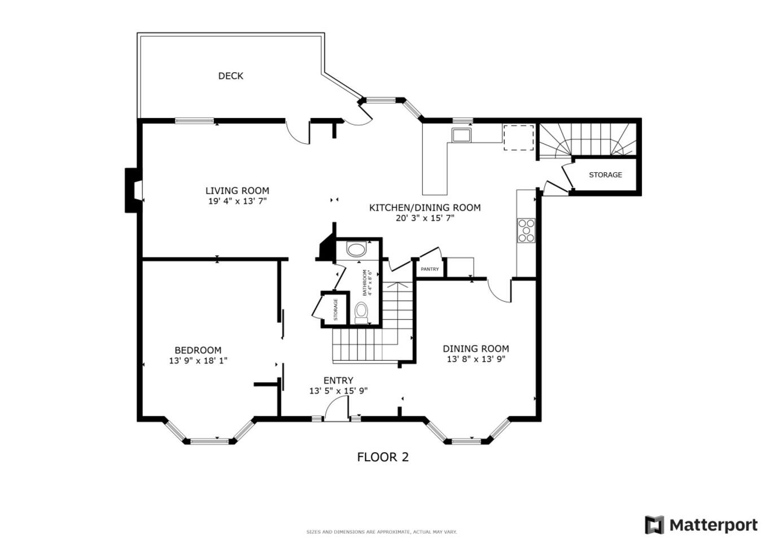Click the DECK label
(230, 76)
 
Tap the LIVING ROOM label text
(237, 190)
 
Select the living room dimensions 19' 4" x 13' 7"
(237, 201)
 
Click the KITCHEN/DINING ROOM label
(424, 208)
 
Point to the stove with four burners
(526, 230)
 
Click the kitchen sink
(461, 135)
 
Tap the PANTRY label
(430, 269)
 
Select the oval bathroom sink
(356, 249)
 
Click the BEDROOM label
(198, 350)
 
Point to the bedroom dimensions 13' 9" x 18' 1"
(198, 360)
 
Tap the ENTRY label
(338, 381)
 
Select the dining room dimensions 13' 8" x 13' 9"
(476, 359)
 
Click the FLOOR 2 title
(383, 457)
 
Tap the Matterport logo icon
(654, 525)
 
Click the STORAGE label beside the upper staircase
(605, 175)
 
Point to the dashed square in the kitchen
(518, 137)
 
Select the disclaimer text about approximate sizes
(381, 532)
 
